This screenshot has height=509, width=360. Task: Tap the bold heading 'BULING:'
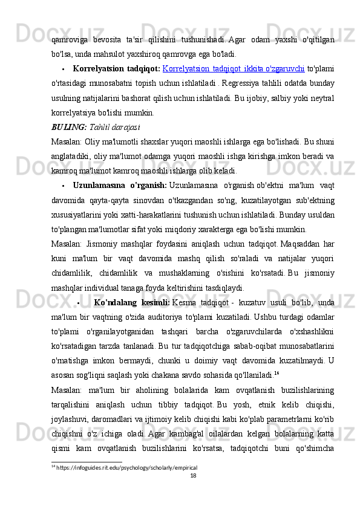pyautogui.click(x=69, y=111)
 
